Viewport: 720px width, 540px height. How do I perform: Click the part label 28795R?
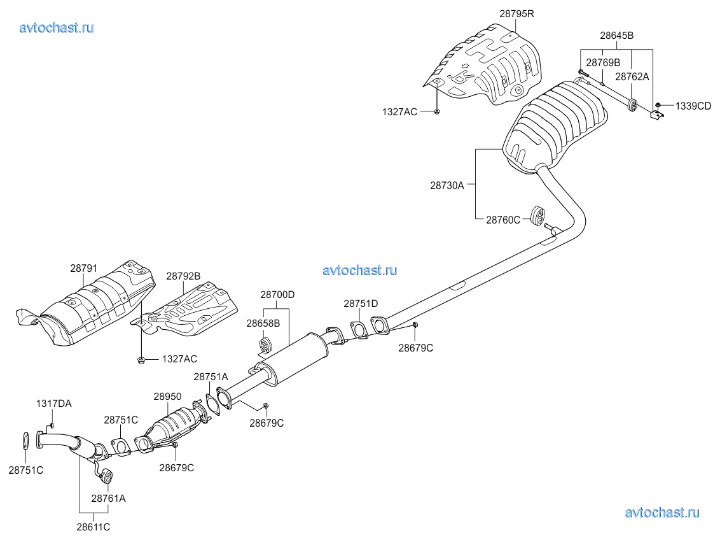pyautogui.click(x=516, y=13)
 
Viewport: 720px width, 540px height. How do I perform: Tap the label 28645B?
pyautogui.click(x=616, y=36)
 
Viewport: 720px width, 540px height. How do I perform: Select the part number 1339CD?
pyautogui.click(x=693, y=106)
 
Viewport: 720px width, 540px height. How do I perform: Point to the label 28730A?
pyautogui.click(x=447, y=186)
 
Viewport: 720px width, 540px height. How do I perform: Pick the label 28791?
pyautogui.click(x=83, y=269)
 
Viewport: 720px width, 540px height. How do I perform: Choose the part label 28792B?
pyautogui.click(x=183, y=276)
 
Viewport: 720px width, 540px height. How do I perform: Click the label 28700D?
pyautogui.click(x=277, y=295)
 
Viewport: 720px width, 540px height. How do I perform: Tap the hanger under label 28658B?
pyautogui.click(x=265, y=346)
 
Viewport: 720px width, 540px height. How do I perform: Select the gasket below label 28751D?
pyautogui.click(x=359, y=330)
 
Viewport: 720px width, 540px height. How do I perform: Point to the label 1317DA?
pyautogui.click(x=53, y=403)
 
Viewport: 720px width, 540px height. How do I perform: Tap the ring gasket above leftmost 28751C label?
pyautogui.click(x=25, y=441)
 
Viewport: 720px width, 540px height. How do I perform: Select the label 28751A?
pyautogui.click(x=211, y=377)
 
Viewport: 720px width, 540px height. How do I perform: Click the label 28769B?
pyautogui.click(x=603, y=62)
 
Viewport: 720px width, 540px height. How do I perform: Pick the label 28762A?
pyautogui.click(x=632, y=76)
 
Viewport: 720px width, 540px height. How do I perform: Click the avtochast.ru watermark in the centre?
pyautogui.click(x=360, y=270)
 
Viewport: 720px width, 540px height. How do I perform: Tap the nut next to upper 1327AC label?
pyautogui.click(x=438, y=112)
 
